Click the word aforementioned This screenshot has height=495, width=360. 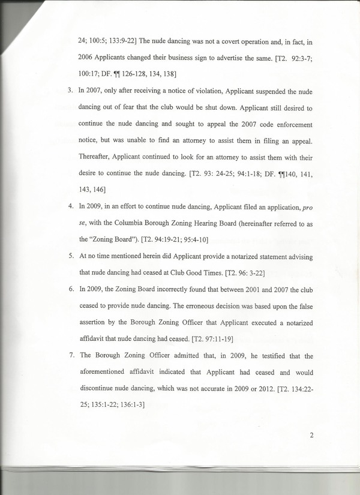tap(110, 372)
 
